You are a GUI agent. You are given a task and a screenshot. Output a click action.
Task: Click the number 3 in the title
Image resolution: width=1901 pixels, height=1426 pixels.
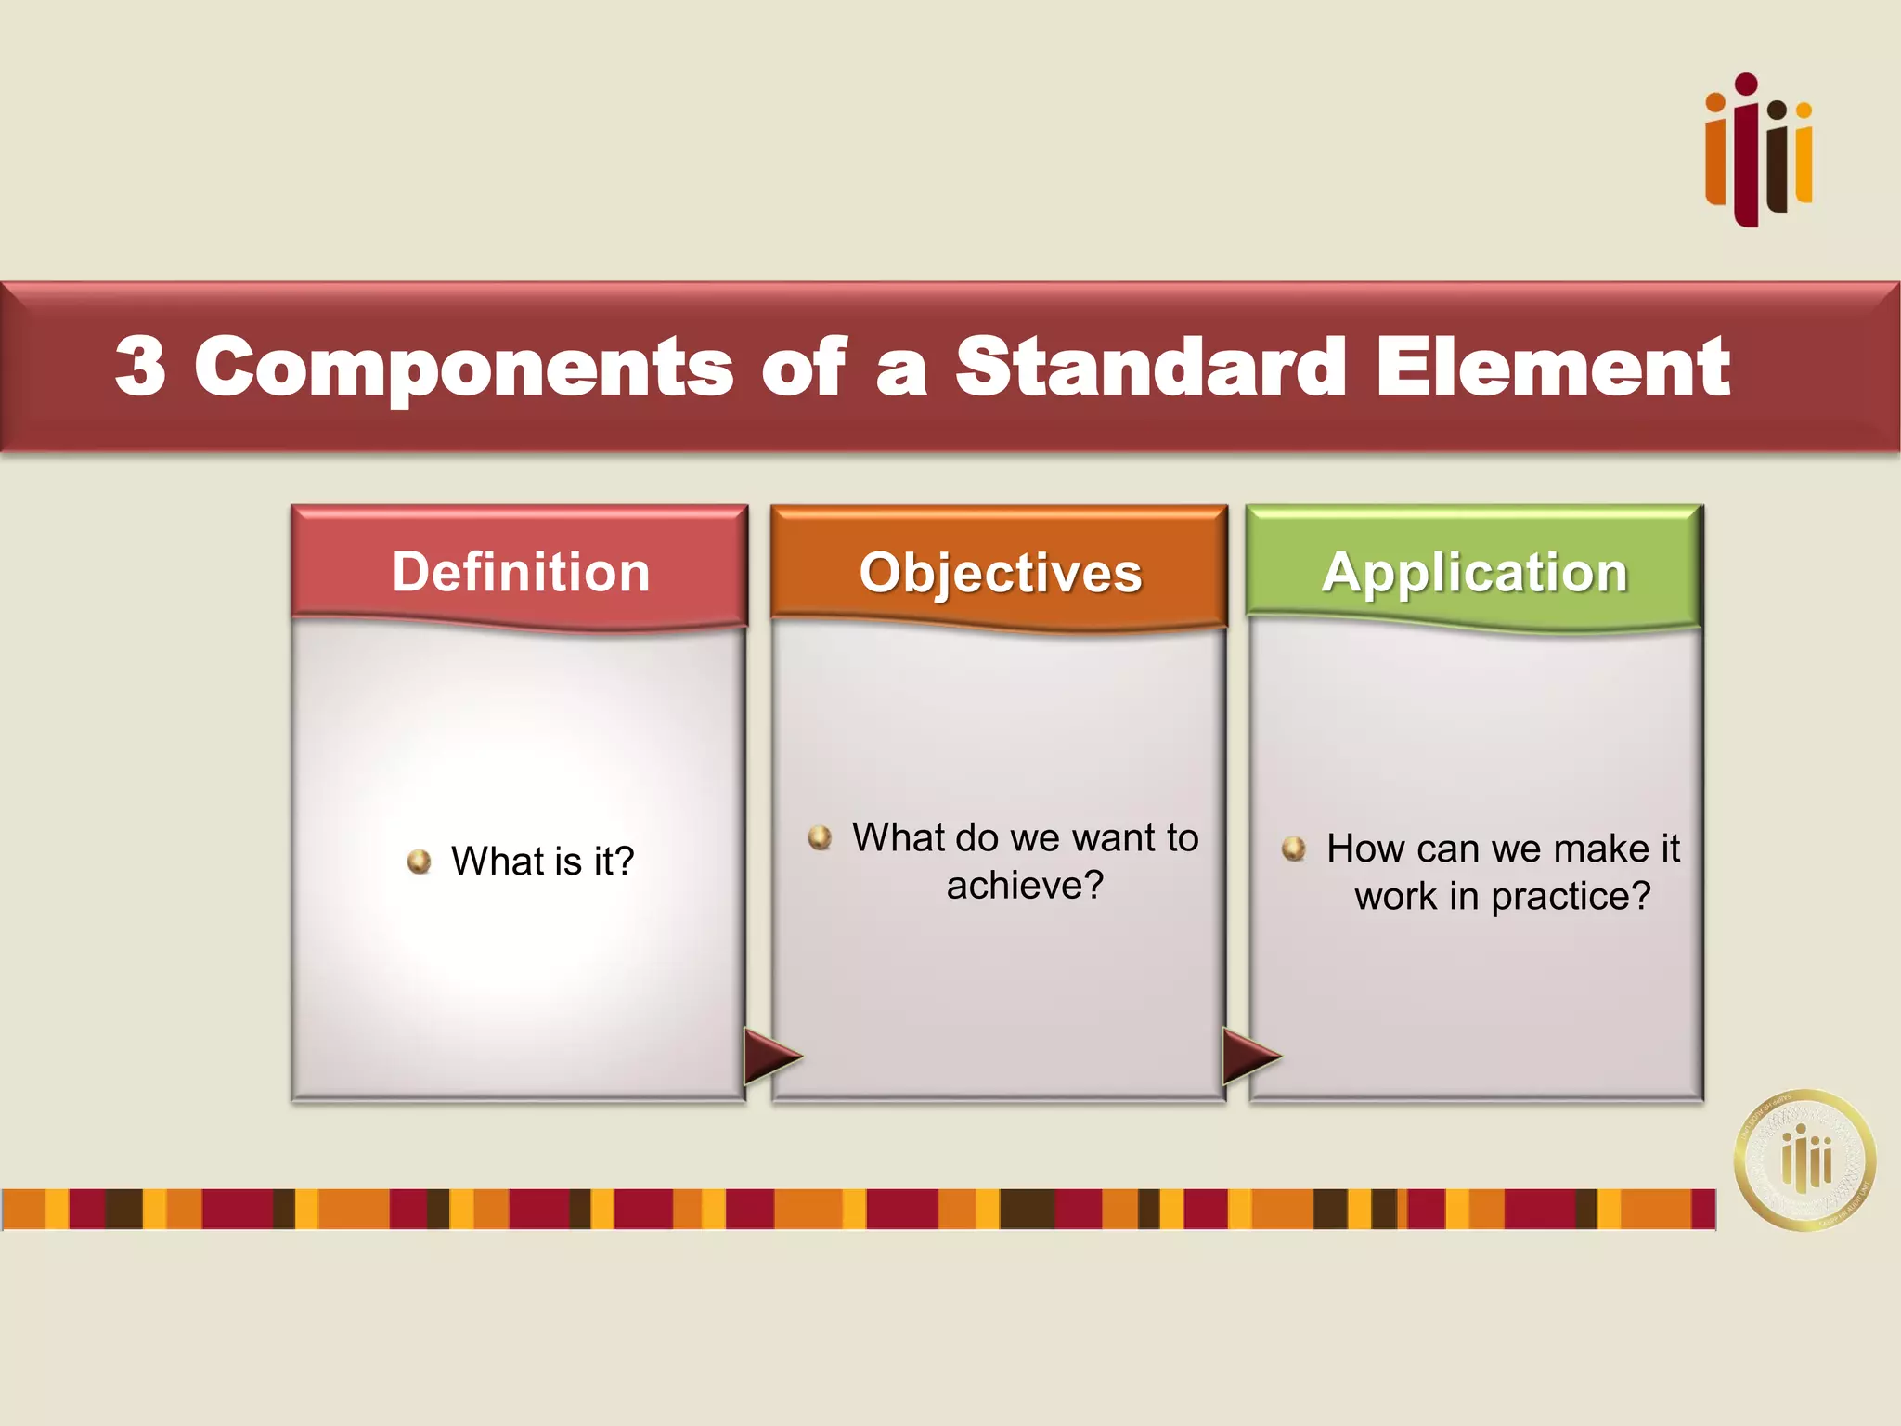141,367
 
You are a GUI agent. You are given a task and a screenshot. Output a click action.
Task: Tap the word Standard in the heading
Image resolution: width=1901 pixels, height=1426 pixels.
1150,367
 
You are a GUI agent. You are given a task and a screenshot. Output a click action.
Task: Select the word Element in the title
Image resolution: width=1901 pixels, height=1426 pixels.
1552,367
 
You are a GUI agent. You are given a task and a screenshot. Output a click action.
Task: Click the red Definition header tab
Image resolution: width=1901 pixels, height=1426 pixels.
520,571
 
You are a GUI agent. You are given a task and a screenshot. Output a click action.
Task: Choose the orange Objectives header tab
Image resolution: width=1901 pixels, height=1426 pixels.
1000,572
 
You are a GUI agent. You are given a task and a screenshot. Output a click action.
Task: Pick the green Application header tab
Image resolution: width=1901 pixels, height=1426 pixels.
1474,572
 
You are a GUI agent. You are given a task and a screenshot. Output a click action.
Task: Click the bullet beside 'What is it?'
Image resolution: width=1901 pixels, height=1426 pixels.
420,862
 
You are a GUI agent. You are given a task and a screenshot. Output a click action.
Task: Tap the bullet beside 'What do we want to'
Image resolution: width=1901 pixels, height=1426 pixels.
820,837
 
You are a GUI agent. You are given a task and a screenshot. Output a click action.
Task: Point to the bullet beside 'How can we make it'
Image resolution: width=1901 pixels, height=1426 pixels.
1294,848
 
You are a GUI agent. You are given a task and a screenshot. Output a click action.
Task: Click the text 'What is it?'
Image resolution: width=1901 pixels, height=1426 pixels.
542,861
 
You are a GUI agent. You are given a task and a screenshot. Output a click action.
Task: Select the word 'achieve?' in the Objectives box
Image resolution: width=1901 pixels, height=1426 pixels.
1025,886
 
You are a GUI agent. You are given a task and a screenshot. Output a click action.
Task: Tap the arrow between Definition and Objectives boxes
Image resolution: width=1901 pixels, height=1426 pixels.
770,1057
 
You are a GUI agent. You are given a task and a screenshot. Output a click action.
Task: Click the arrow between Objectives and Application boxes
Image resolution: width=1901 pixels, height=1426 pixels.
1249,1057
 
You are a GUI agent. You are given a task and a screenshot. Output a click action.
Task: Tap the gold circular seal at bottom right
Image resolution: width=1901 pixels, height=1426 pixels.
1804,1160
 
